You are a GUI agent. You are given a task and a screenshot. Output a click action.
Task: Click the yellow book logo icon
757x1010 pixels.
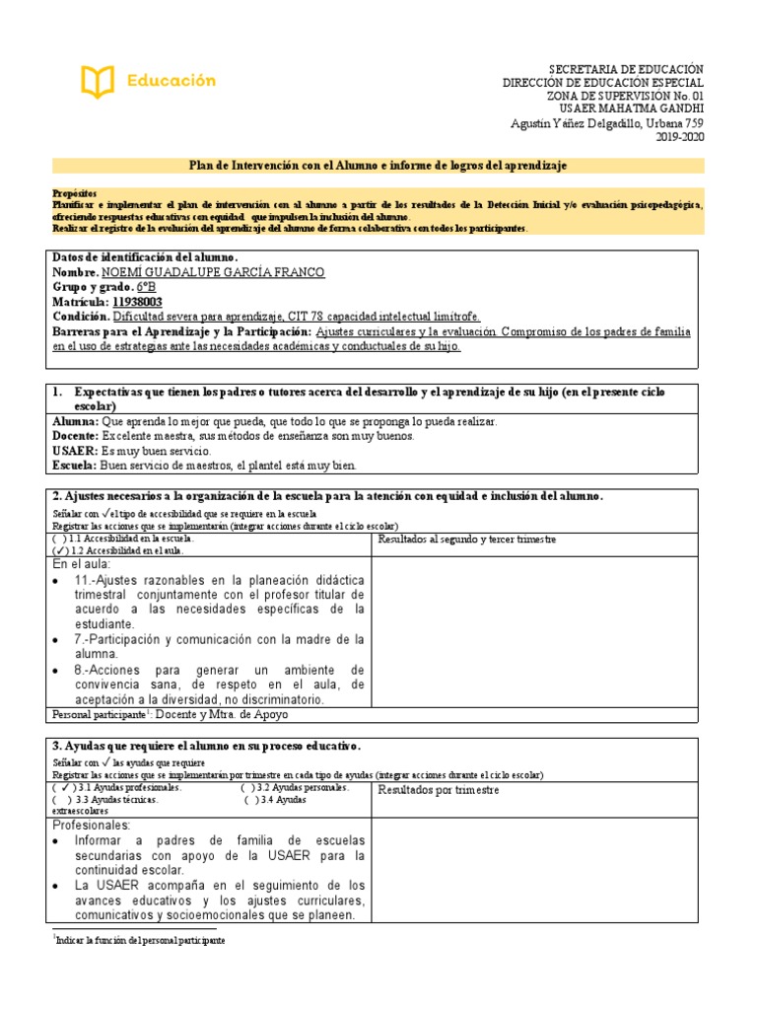tap(98, 81)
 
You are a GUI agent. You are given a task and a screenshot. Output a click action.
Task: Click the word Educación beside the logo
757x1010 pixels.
tap(171, 81)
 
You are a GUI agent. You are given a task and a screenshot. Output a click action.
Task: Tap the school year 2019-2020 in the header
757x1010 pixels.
tap(679, 138)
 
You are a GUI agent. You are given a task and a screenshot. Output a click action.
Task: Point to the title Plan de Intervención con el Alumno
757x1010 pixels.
tap(378, 165)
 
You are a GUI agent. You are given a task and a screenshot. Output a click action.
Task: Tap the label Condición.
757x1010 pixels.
tap(81, 317)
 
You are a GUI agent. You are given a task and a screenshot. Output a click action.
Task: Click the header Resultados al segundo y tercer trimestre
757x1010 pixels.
tap(467, 540)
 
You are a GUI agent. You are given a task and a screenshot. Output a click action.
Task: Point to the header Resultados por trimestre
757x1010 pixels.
tap(439, 790)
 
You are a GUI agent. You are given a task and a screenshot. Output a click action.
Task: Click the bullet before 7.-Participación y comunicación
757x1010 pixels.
tap(61, 640)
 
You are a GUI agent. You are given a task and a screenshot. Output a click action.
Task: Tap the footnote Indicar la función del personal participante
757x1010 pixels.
tap(141, 941)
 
